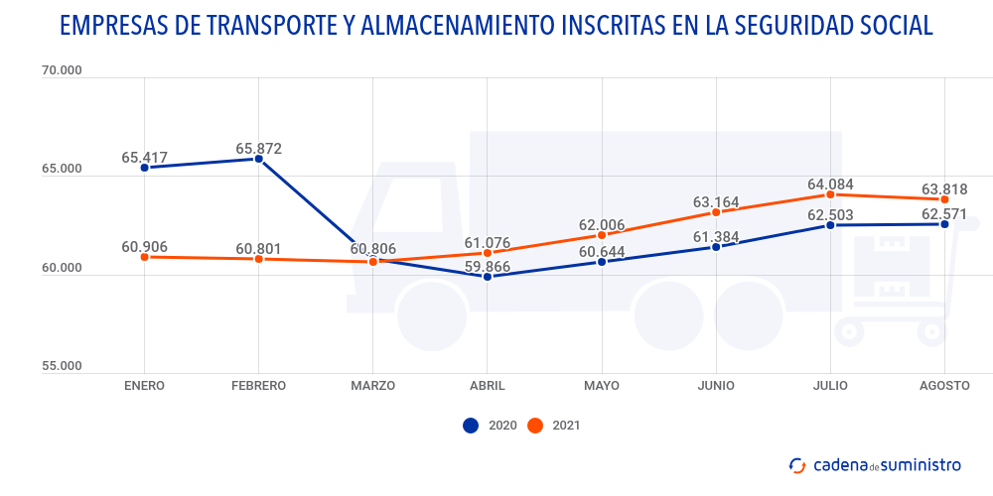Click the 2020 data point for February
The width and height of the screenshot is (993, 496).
point(258,159)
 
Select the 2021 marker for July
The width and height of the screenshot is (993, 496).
point(830,194)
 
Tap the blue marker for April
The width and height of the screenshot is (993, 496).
point(487,277)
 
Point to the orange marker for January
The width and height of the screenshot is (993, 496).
point(145,257)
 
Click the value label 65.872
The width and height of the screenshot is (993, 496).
point(258,149)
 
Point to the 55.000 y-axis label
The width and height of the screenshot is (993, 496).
point(62,366)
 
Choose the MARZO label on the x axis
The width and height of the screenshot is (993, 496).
point(372,385)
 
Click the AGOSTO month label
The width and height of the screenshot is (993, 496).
point(944,385)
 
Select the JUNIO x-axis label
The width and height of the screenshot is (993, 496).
point(716,385)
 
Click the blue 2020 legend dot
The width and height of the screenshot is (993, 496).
point(471,426)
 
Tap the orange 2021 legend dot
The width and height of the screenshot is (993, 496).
point(535,426)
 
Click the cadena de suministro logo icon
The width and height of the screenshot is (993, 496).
point(796,465)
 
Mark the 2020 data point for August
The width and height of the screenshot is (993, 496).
point(944,224)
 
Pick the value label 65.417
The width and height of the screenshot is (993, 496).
point(145,158)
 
